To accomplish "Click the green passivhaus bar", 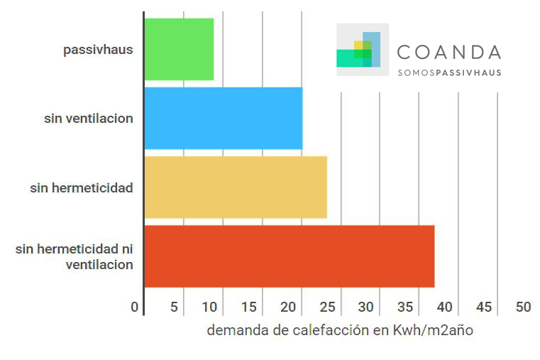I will (x=179, y=50).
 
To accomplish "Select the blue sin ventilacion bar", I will (x=223, y=119).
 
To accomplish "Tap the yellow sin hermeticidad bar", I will (x=236, y=187).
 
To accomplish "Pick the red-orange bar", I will (x=289, y=256).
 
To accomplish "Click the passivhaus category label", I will (x=98, y=50).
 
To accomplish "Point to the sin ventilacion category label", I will (x=89, y=119).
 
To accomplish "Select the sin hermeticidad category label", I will (x=82, y=188).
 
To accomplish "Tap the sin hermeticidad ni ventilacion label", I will (x=75, y=257).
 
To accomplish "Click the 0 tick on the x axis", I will (x=135, y=307).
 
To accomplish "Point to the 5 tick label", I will (x=174, y=307).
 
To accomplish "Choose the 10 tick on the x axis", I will (x=211, y=307).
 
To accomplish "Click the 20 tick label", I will (x=289, y=307).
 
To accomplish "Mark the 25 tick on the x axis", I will (x=328, y=307).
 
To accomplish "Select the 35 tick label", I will (x=406, y=307).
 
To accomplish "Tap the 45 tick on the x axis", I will (x=484, y=307).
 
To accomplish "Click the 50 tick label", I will (x=523, y=307).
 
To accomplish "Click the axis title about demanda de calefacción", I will (x=340, y=331).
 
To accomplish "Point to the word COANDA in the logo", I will (x=449, y=52).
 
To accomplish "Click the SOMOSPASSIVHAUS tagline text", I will (x=449, y=72).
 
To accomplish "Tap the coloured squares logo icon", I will (x=362, y=50).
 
